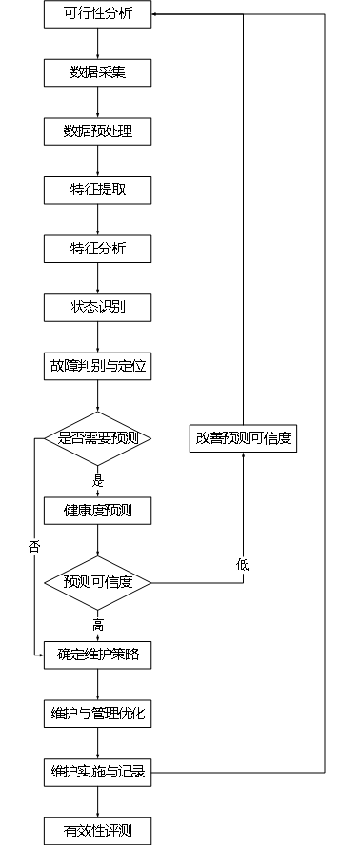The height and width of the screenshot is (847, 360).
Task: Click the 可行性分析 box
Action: [x=98, y=14]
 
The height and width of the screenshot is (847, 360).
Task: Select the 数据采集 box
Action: [x=98, y=73]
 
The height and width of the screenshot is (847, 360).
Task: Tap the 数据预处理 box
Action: [x=98, y=131]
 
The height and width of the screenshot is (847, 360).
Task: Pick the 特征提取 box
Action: [x=98, y=191]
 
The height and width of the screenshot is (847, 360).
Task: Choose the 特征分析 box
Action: [x=98, y=249]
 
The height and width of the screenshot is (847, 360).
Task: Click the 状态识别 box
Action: [x=98, y=308]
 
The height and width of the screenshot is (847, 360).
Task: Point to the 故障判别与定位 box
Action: [x=98, y=366]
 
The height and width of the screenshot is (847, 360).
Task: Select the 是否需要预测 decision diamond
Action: [x=98, y=438]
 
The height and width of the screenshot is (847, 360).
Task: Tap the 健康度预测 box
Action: [x=98, y=511]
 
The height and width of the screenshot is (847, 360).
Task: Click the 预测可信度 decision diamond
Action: [x=98, y=583]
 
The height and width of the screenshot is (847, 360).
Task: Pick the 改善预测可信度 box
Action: [x=244, y=438]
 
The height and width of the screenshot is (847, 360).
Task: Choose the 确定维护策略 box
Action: [x=98, y=655]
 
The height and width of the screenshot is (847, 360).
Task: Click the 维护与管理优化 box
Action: [x=98, y=715]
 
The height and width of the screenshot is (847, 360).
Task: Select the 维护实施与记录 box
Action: [x=98, y=773]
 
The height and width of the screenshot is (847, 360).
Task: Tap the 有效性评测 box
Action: [x=98, y=832]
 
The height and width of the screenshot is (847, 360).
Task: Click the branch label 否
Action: [x=34, y=546]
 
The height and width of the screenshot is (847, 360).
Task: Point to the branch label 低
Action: [x=242, y=565]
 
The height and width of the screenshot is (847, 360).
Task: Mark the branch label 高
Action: [x=98, y=626]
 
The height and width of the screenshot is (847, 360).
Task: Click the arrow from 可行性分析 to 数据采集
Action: [x=98, y=43]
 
